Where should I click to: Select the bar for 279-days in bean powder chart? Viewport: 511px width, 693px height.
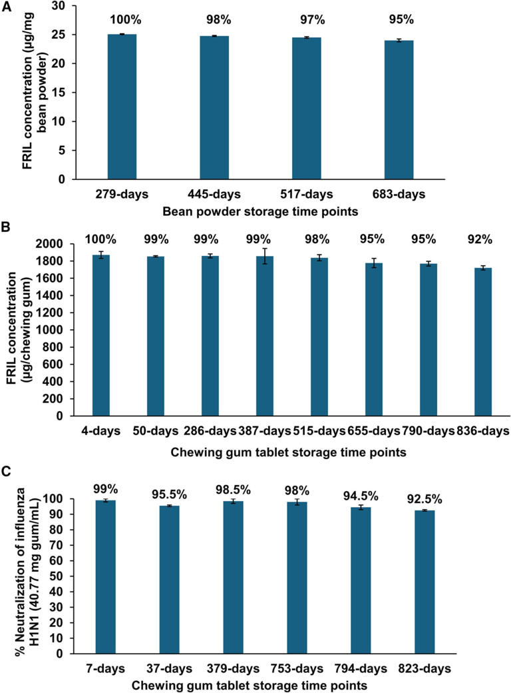tap(121, 107)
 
